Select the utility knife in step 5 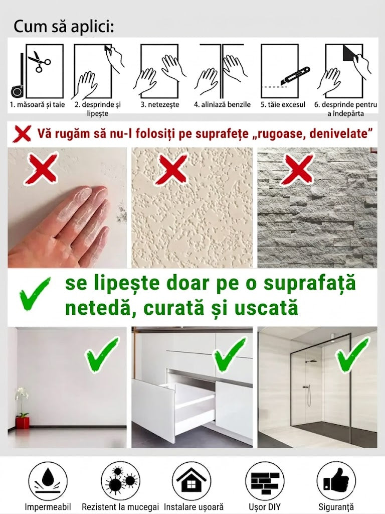pyautogui.click(x=294, y=76)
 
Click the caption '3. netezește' pyautogui.click(x=160, y=104)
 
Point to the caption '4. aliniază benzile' pyautogui.click(x=222, y=104)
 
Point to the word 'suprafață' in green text pyautogui.click(x=309, y=283)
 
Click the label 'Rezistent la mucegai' pyautogui.click(x=120, y=507)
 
